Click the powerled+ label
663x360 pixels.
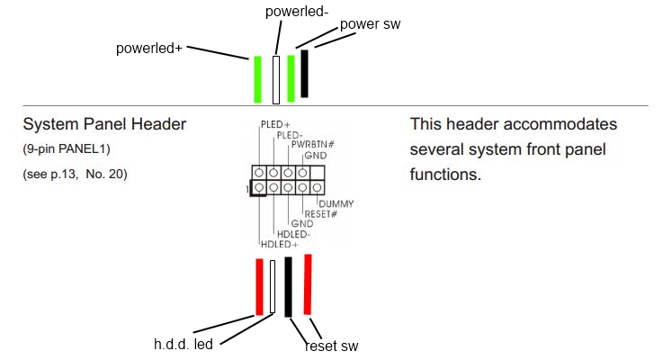pos(148,49)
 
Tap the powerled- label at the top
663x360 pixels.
pos(297,12)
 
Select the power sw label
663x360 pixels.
pos(370,24)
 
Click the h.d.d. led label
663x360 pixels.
pos(184,344)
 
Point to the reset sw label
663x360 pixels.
pos(331,346)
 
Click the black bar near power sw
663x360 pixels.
pos(304,74)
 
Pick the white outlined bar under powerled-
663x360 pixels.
pos(276,80)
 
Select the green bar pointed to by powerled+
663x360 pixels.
pos(257,79)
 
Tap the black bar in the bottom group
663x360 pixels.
pos(288,287)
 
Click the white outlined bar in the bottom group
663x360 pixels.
pos(273,287)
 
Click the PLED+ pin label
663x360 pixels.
pos(275,125)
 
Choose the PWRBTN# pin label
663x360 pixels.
pos(313,145)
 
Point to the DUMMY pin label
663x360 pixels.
pos(336,204)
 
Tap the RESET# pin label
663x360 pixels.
pos(321,214)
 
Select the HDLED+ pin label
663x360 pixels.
pos(280,245)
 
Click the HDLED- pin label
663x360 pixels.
pos(294,234)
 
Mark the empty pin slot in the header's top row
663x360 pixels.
pos(318,173)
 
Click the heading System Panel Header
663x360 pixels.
pos(104,124)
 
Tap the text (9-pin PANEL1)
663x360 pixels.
pos(67,148)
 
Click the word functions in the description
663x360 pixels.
pos(445,175)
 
